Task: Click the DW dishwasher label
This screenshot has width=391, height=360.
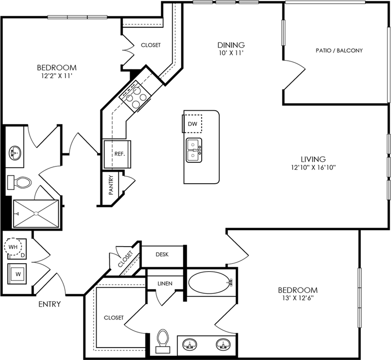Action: (192, 123)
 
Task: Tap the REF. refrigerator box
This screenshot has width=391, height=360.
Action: (117, 154)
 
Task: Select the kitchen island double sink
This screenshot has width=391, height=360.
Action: (194, 151)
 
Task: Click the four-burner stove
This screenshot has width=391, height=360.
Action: (135, 97)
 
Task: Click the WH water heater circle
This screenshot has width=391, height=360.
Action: (13, 247)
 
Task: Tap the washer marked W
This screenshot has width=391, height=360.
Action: (17, 274)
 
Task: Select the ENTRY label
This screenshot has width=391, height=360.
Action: (50, 304)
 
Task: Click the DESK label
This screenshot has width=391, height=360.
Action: (162, 254)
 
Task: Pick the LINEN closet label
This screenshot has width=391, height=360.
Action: (165, 283)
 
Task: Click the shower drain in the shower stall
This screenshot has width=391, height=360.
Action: (36, 214)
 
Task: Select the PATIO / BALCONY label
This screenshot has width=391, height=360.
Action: (339, 50)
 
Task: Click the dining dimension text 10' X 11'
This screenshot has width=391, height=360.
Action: (230, 53)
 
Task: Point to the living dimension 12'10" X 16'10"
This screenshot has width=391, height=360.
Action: (313, 167)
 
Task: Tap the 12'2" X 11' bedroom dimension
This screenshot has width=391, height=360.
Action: (57, 76)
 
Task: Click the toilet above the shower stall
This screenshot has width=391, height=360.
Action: (19, 182)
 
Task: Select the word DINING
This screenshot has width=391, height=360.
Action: (231, 45)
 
